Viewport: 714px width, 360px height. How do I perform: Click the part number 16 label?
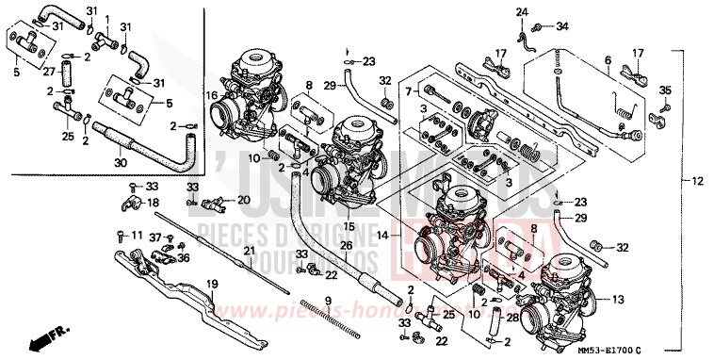pyautogui.click(x=213, y=95)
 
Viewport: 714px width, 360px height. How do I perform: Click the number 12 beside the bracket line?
pyautogui.click(x=696, y=180)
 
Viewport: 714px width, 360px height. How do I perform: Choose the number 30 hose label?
pyautogui.click(x=120, y=162)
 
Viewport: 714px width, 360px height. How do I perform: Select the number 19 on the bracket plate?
pyautogui.click(x=211, y=283)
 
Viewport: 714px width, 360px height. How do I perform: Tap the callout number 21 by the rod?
pyautogui.click(x=249, y=251)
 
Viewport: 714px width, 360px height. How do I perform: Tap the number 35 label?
pyautogui.click(x=664, y=90)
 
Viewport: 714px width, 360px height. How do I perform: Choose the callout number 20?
pyautogui.click(x=244, y=200)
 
